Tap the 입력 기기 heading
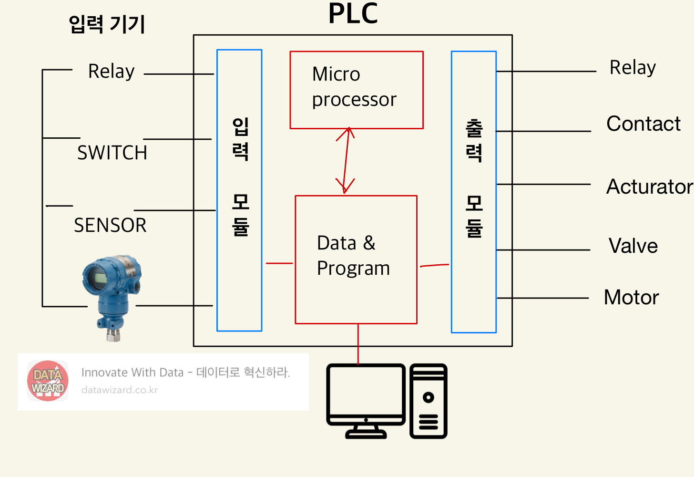(x=107, y=24)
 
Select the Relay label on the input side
(x=112, y=72)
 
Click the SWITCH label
(x=112, y=153)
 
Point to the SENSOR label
(x=110, y=225)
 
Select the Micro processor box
(x=357, y=90)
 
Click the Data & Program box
(x=356, y=259)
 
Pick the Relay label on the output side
(x=633, y=68)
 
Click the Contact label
(x=643, y=124)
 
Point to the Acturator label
(x=649, y=187)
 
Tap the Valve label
(x=633, y=246)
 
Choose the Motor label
(x=631, y=297)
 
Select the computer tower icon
(x=428, y=401)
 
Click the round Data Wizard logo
(x=48, y=381)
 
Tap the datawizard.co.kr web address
(x=119, y=390)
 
